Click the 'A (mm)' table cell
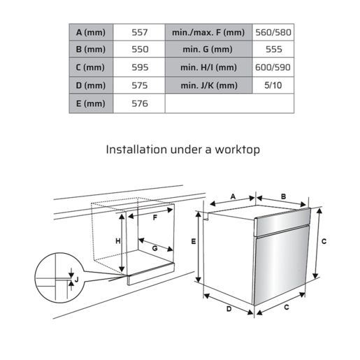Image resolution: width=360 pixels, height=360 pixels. (89, 33)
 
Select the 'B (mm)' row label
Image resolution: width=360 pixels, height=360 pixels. (89, 50)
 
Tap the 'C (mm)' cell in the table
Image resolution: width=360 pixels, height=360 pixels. (89, 68)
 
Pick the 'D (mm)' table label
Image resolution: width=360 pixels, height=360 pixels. (89, 85)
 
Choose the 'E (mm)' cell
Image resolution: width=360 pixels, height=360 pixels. (89, 103)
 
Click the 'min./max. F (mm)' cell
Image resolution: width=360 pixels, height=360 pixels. (208, 33)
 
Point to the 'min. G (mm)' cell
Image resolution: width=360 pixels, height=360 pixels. (208, 50)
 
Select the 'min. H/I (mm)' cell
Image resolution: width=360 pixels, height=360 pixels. (208, 68)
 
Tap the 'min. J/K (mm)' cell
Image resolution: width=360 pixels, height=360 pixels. (208, 85)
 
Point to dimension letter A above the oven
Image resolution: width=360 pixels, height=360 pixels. (233, 196)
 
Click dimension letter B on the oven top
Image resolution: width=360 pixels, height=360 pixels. (283, 196)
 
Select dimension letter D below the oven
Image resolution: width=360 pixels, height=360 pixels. (228, 309)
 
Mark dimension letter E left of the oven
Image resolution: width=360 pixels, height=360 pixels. (193, 242)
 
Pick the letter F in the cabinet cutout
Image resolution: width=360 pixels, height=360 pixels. (154, 217)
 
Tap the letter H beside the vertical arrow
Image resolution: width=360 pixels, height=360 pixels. (117, 241)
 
